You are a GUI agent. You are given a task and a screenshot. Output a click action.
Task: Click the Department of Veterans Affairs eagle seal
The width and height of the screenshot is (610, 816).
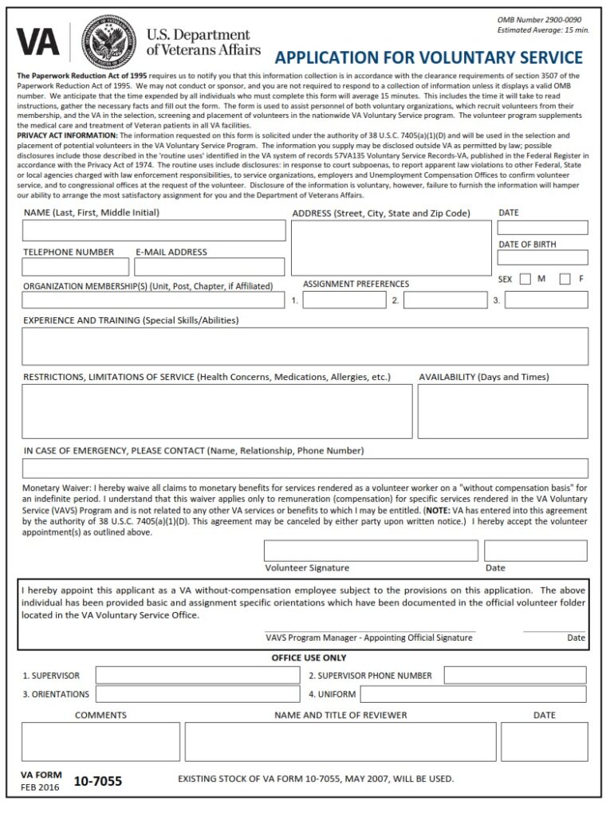point(108,42)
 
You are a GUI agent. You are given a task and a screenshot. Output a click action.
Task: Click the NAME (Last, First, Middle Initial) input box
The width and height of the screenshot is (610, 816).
point(154,230)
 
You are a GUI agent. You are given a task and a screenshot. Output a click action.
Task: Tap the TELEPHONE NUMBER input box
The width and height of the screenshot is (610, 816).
point(76,267)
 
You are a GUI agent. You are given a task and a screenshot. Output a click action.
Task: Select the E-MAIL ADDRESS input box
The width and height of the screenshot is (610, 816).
point(210,267)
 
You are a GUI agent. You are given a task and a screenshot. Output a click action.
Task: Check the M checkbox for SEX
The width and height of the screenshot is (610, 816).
point(525,279)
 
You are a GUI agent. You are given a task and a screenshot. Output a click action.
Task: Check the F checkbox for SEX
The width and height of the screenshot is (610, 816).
point(565,279)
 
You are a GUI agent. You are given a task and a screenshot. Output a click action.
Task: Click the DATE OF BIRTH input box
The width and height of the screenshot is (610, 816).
point(543,257)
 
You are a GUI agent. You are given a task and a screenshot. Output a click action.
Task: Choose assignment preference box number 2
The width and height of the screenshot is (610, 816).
point(445,300)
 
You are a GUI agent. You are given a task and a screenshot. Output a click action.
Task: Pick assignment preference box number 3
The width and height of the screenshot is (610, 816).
point(546,300)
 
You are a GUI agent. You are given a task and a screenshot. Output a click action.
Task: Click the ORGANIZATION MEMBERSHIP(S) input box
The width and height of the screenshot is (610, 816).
point(153,300)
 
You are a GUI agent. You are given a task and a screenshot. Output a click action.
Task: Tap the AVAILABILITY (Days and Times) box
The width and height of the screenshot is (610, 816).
point(502,411)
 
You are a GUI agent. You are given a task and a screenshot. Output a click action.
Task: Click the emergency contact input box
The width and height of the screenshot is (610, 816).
point(305,469)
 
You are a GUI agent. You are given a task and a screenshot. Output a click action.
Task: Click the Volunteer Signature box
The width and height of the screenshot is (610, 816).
point(371,551)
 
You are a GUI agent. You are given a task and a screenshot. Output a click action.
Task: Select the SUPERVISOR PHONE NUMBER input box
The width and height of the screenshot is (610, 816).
point(515,676)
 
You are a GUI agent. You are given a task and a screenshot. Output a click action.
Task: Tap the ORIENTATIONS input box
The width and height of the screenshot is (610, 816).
point(198,694)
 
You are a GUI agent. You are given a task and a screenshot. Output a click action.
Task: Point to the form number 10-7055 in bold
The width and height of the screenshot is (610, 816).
point(98,782)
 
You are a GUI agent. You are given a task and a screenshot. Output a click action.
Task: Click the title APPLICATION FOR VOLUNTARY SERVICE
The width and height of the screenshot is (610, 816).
point(428,57)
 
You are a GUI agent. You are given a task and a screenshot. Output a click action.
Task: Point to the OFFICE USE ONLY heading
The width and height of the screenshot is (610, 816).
point(309,658)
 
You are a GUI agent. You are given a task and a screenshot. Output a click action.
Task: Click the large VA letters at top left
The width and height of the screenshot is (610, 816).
point(38,41)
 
